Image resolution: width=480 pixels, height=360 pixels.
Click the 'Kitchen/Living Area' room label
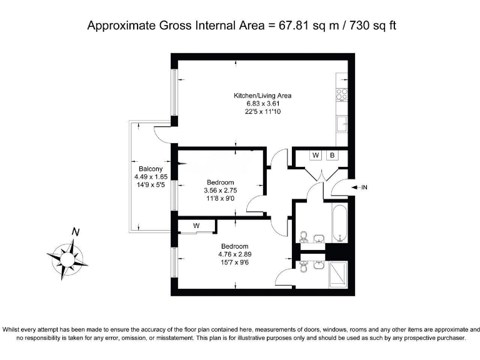[x=262, y=96]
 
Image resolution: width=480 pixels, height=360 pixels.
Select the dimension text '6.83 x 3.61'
[x=262, y=104]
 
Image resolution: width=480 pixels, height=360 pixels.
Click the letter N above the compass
[x=76, y=232]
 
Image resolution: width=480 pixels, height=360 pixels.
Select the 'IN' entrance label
[x=364, y=187]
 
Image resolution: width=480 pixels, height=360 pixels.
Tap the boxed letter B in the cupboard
[x=333, y=155]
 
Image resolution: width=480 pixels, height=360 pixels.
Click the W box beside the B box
[x=316, y=155]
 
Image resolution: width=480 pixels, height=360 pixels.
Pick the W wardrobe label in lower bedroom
[x=196, y=225]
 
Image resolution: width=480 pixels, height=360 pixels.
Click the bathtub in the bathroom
[x=339, y=222]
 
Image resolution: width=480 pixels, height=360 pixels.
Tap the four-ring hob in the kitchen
[x=342, y=94]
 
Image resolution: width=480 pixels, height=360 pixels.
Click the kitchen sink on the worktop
[x=342, y=124]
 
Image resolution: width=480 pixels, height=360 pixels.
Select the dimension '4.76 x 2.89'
[x=234, y=254]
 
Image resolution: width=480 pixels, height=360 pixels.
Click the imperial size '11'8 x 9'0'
[x=221, y=198]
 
